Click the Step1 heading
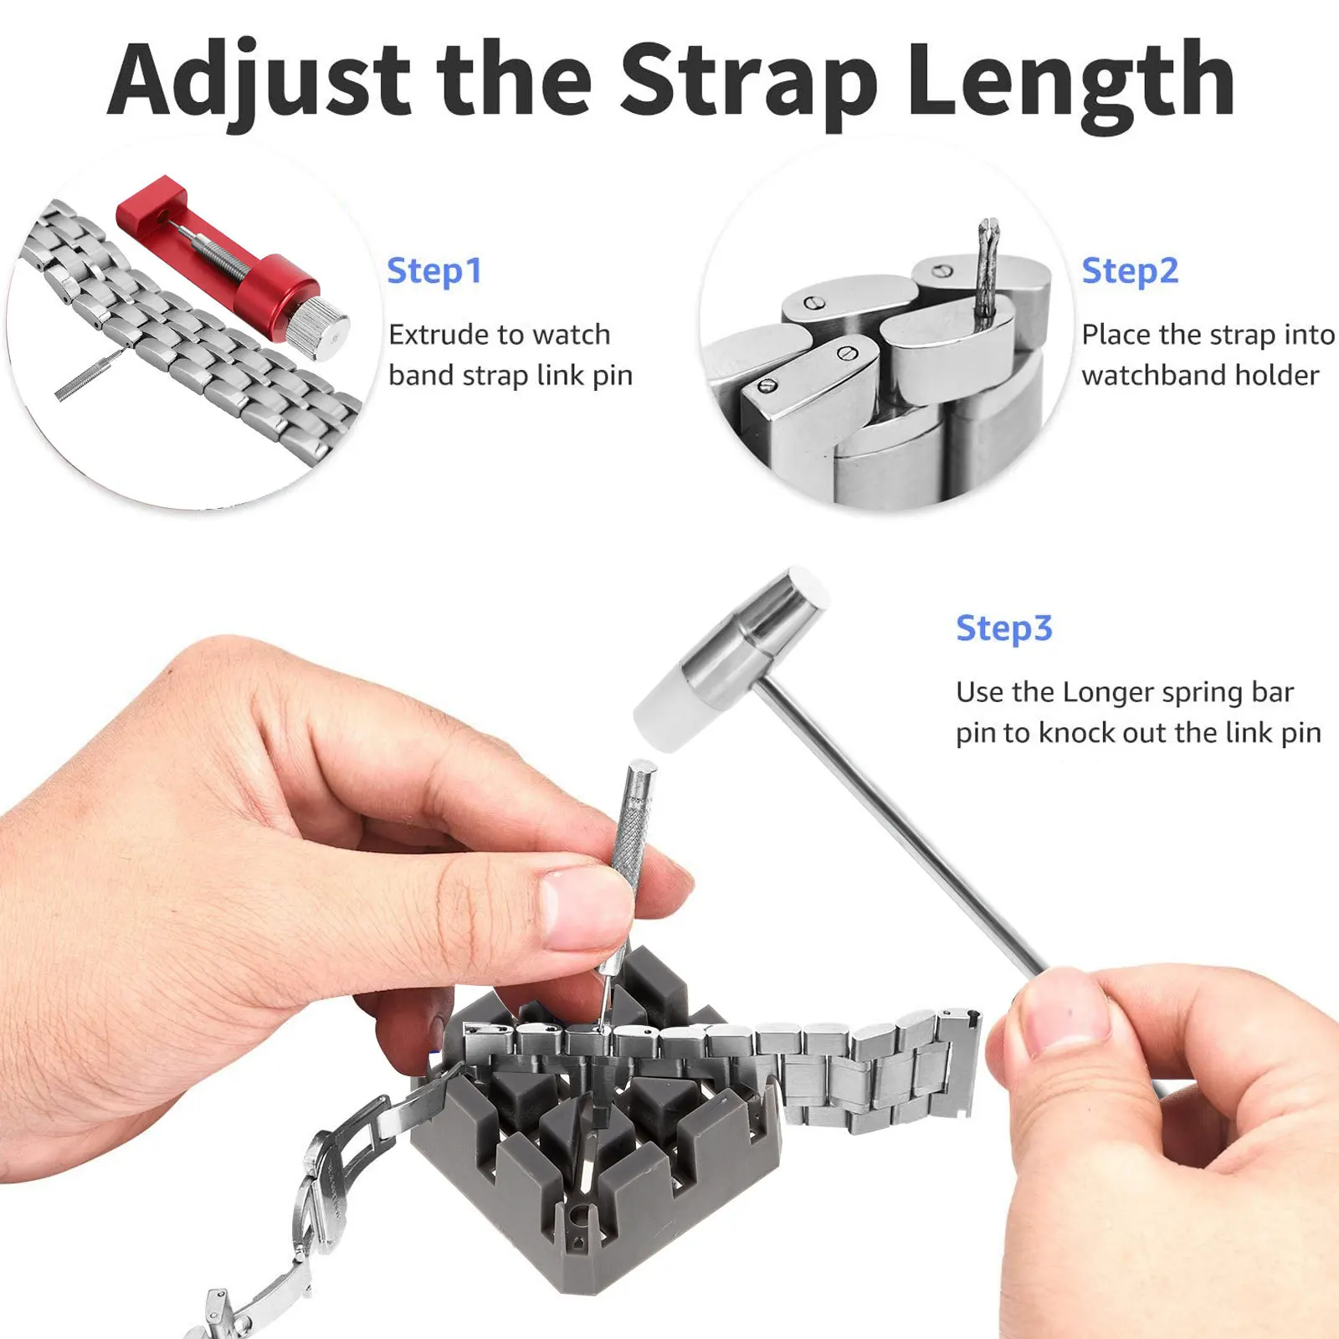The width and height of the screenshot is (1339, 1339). (434, 271)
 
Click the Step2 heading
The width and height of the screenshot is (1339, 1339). (1129, 271)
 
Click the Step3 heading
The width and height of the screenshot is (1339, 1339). (1003, 628)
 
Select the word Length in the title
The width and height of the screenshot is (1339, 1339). (1071, 82)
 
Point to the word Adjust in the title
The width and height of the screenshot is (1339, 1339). (259, 82)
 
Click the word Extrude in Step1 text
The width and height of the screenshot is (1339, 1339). (435, 335)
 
